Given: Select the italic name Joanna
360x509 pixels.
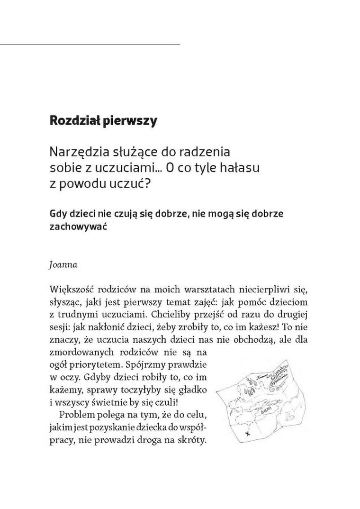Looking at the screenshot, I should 63,265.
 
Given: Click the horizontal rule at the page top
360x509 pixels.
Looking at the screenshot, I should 90,44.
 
